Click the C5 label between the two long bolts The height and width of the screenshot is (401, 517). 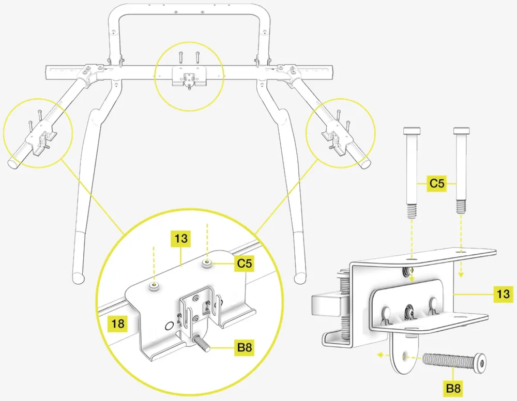click(437, 183)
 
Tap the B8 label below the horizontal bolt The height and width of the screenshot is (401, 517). click(453, 387)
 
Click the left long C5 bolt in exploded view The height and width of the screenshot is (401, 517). click(412, 171)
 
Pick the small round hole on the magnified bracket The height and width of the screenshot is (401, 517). click(168, 326)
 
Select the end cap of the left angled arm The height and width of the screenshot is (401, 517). click(12, 162)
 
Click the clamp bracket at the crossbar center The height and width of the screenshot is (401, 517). click(189, 78)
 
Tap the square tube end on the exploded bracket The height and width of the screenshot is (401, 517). click(323, 305)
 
